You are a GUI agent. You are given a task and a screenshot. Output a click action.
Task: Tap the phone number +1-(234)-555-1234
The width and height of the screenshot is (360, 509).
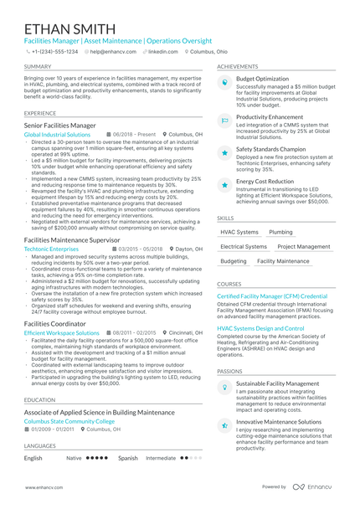tap(55, 51)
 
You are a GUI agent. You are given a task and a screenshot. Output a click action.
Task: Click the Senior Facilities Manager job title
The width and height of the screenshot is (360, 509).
tap(60, 125)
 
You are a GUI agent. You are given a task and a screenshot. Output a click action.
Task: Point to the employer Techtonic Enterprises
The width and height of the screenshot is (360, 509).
tap(52, 249)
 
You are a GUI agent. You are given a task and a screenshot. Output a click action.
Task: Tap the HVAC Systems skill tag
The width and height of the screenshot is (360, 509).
tap(239, 232)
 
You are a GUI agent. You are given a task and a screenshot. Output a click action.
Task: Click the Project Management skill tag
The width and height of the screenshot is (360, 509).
tap(303, 247)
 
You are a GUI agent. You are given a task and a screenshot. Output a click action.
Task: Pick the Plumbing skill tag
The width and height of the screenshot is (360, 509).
tap(280, 232)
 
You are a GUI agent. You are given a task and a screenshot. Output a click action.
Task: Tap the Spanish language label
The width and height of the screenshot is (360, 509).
tap(127, 458)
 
